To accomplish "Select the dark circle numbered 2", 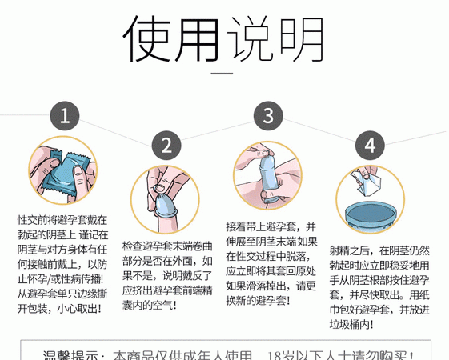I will (167, 145).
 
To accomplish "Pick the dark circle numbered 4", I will (370, 145).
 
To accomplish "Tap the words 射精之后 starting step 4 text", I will (347, 250).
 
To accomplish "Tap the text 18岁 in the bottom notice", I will (286, 354).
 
